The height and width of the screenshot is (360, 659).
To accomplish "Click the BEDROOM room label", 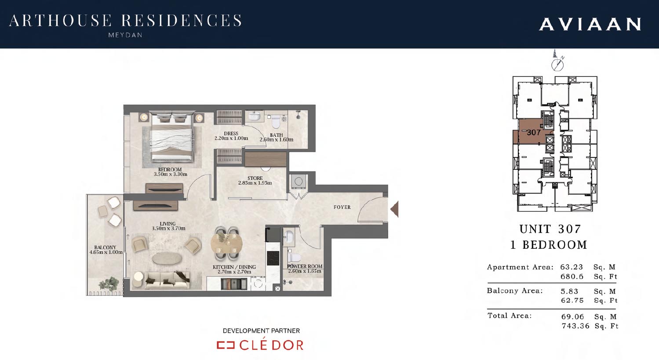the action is (170, 170).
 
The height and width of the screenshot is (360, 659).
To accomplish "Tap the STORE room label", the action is (255, 178).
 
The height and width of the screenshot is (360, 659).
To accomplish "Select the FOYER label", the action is (342, 207).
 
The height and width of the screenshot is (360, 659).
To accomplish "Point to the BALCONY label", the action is (105, 247).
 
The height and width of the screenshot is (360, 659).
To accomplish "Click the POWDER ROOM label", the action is (305, 266).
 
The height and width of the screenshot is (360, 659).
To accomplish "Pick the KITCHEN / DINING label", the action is (234, 267).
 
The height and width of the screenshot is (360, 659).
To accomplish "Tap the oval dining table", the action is (226, 244).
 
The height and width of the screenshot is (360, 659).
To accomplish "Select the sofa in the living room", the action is (167, 280).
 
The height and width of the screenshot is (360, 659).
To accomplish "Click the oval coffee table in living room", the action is (167, 259).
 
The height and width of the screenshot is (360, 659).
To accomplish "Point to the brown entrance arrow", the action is (394, 209).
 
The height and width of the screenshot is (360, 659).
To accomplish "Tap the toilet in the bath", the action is (276, 121).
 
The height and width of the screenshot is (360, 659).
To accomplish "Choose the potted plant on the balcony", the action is (109, 284).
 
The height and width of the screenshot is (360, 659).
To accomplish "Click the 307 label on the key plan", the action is (534, 132).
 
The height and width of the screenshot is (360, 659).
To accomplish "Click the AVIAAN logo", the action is (590, 24).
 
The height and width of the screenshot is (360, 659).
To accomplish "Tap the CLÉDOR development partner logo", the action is (260, 345).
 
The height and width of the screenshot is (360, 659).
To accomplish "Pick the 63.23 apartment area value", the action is (572, 267).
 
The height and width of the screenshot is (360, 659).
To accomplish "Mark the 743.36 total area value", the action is (575, 326).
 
